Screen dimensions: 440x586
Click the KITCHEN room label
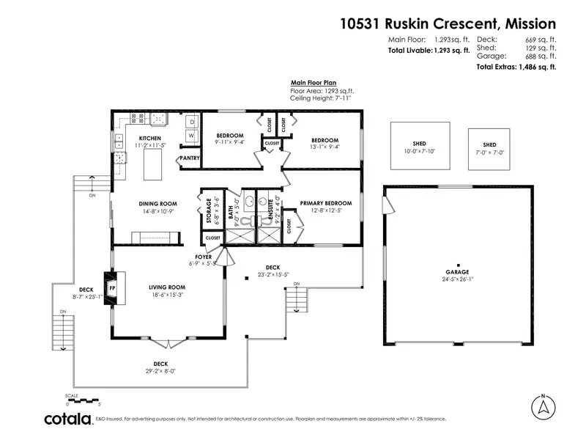(150, 138)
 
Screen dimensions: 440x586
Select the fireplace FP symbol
(112, 288)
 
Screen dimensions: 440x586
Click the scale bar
(82, 400)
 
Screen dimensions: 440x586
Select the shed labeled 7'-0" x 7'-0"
(489, 149)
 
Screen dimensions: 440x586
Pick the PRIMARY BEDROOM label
(326, 203)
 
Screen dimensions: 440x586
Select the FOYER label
(203, 257)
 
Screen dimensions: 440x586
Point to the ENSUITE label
(270, 210)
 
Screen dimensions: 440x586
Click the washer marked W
(190, 135)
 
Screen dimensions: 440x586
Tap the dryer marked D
(190, 121)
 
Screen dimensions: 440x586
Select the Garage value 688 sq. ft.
(541, 56)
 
